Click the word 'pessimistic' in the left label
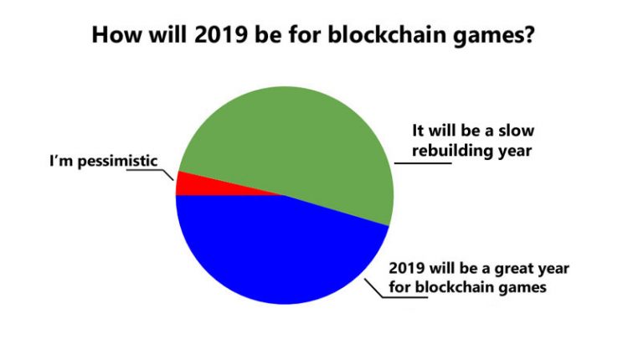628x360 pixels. [x=117, y=162]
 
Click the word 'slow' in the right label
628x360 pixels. [x=516, y=131]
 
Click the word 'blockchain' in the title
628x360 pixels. [x=388, y=34]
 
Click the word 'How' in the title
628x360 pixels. [x=116, y=34]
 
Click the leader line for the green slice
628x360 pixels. [x=423, y=163]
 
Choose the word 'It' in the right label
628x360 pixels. [x=418, y=131]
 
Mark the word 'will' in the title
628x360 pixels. [x=167, y=34]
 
